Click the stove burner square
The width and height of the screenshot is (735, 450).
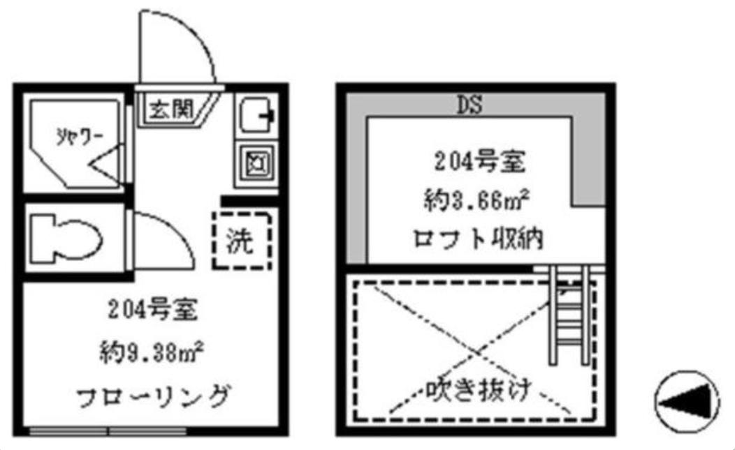pos(253,164)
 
